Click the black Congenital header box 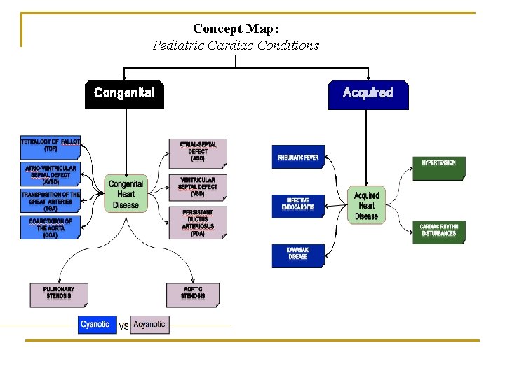coord(124,94)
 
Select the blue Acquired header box coord(368,94)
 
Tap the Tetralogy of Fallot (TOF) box coord(50,146)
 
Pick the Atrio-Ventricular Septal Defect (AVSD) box coord(50,174)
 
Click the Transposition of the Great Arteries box coord(50,201)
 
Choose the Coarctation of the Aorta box coord(50,227)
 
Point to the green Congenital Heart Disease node coord(126,194)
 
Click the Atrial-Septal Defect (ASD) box coord(198,153)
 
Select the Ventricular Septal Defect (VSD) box coord(198,186)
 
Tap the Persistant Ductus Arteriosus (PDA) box coord(198,223)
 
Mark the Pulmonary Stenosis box coord(59,294)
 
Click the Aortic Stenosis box coord(193,294)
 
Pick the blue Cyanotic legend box coord(97,325)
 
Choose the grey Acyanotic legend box coord(150,325)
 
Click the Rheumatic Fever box coord(298,157)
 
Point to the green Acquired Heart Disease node coord(366,205)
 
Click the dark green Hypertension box coord(438,167)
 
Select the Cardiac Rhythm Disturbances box coord(438,231)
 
